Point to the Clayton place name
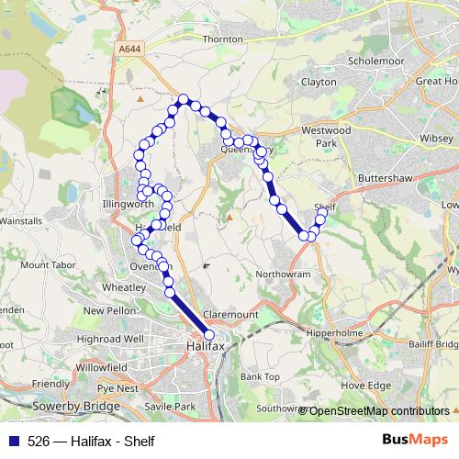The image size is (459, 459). pyautogui.click(x=319, y=82)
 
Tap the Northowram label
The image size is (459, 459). pyautogui.click(x=285, y=274)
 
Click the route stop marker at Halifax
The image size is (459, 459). pyautogui.click(x=209, y=335)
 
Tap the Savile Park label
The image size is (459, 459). pyautogui.click(x=172, y=406)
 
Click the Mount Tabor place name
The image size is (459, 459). pyautogui.click(x=47, y=265)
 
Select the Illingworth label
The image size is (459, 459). pyautogui.click(x=129, y=205)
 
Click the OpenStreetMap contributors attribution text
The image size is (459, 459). pyautogui.click(x=379, y=411)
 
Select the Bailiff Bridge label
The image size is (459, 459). pyautogui.click(x=431, y=343)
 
